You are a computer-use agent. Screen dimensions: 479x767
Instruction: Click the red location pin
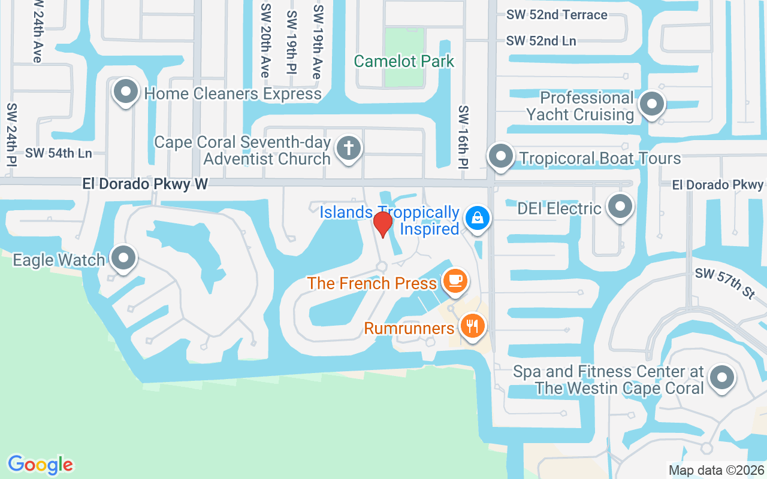(x=383, y=224)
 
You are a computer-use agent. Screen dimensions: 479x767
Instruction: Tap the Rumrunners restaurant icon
(x=473, y=325)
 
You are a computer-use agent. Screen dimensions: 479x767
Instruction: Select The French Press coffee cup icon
(x=455, y=280)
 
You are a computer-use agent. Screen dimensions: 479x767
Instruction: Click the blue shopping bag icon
(x=478, y=217)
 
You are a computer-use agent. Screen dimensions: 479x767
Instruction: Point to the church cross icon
(x=348, y=147)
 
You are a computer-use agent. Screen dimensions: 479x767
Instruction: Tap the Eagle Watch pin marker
(x=124, y=258)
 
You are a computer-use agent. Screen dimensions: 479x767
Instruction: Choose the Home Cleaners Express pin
(x=125, y=92)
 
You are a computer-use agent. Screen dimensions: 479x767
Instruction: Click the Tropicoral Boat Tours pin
(x=500, y=157)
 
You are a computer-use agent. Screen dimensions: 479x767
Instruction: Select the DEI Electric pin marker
(x=620, y=207)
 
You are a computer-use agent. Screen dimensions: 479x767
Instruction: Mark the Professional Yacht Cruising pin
(x=651, y=105)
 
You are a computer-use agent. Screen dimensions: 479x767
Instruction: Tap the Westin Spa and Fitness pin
(x=721, y=378)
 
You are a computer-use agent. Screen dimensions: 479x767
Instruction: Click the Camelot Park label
(x=404, y=61)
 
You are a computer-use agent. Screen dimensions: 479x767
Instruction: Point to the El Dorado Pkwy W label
(x=145, y=184)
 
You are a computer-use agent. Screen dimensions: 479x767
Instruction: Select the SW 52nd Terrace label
(x=557, y=14)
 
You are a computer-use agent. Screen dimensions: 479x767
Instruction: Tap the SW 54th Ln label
(x=58, y=153)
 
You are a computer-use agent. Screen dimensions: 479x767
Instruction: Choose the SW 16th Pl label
(x=463, y=137)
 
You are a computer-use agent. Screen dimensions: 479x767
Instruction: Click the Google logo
(x=41, y=464)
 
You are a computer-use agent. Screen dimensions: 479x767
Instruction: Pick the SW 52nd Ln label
(x=541, y=41)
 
